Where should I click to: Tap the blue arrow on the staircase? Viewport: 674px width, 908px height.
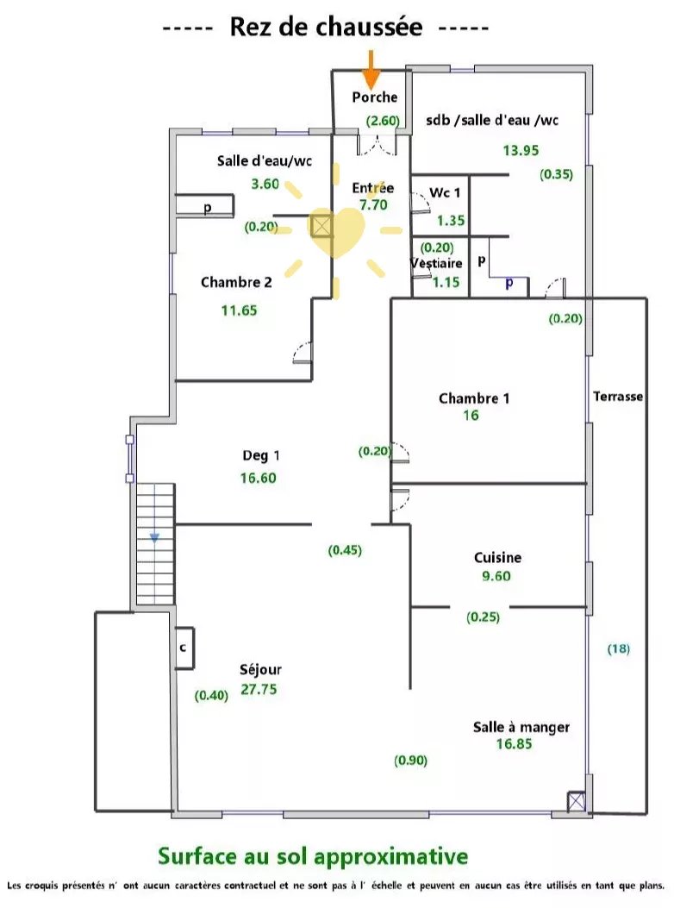coord(154,538)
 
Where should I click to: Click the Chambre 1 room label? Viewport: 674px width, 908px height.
coord(474,398)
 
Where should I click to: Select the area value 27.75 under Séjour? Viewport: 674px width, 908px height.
coord(259,689)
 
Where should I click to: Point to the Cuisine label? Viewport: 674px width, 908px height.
coord(497,558)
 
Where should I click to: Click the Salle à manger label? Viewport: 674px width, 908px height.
coord(521,727)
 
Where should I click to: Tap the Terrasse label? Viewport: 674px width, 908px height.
coord(618,397)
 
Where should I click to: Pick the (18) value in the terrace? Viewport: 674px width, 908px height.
coord(619,648)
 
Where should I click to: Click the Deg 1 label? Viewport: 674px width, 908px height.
coord(260,456)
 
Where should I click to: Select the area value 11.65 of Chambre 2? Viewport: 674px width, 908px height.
coord(239,310)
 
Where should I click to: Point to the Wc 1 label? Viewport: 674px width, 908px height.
coord(445,193)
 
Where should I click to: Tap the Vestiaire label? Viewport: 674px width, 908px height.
coord(436,264)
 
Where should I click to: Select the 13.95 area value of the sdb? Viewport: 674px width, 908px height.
coord(521,151)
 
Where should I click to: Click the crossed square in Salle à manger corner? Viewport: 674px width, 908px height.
coord(576,802)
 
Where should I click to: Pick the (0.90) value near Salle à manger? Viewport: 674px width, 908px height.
coord(410,761)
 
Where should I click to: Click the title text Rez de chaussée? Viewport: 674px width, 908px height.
coord(326,28)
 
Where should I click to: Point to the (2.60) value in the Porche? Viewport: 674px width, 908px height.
coord(383,121)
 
